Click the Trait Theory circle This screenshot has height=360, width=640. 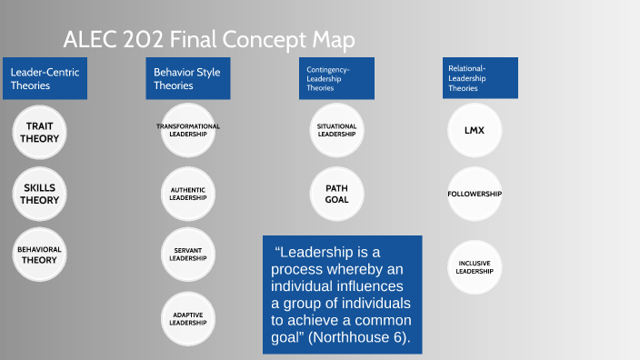tap(40, 133)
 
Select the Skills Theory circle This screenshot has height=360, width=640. tap(40, 194)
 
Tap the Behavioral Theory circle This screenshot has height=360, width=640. tap(40, 254)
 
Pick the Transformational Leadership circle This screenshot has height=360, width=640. tap(188, 130)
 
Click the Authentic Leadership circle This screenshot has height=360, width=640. tap(188, 194)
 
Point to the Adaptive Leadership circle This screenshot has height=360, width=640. tap(188, 318)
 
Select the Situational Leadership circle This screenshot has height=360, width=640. tap(336, 130)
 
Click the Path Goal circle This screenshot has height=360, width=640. tap(336, 194)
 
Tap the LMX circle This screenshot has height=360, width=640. tap(474, 130)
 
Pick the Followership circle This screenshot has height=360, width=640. tap(474, 194)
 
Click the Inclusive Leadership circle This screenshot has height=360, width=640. tap(474, 266)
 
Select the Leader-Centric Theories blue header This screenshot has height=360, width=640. tap(45, 79)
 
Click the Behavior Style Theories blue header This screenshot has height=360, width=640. tap(188, 79)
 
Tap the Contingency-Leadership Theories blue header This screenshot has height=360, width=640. tap(335, 79)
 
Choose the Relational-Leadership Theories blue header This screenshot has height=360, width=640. tap(479, 78)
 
